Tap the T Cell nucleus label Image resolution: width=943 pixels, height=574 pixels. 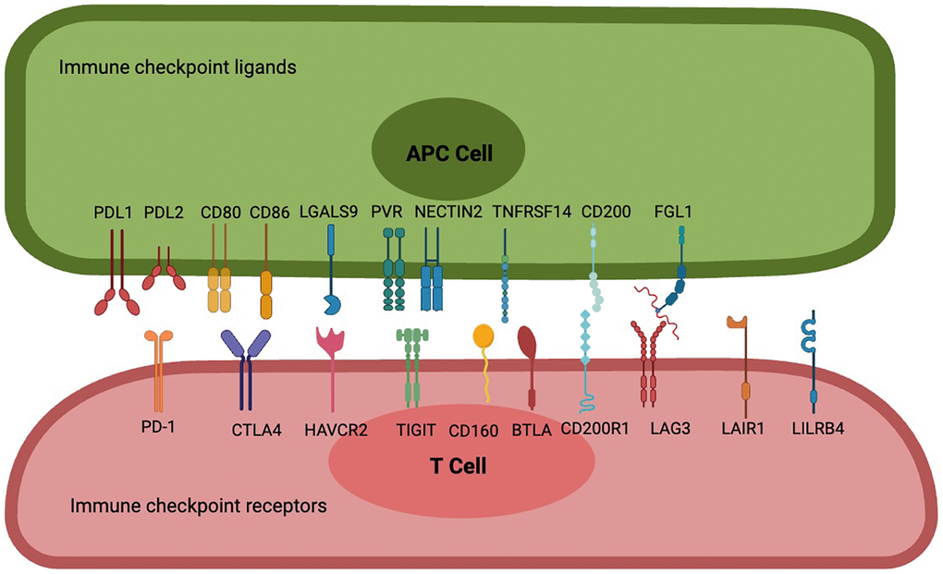click(x=458, y=466)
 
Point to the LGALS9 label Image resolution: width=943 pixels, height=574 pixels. click(x=328, y=212)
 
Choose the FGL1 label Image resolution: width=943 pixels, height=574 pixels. click(x=672, y=212)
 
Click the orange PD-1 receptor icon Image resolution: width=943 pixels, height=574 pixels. click(x=159, y=365)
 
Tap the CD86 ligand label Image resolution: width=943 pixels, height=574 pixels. click(x=270, y=212)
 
